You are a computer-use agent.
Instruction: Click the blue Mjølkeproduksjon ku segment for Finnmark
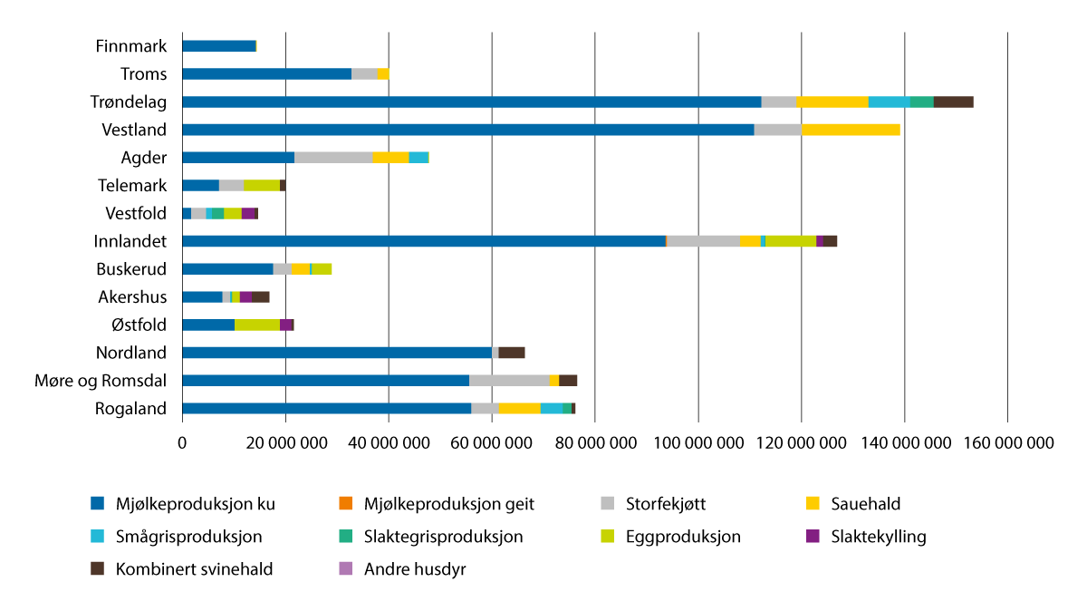click(218, 45)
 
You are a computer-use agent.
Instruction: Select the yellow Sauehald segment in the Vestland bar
click(851, 130)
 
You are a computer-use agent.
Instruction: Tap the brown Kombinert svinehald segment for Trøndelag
click(953, 102)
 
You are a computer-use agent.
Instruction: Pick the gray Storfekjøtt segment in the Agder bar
click(333, 158)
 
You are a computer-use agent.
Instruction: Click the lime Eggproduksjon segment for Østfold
click(257, 325)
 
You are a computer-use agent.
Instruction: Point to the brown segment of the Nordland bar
click(512, 353)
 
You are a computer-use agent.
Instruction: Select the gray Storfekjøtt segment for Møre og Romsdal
click(509, 381)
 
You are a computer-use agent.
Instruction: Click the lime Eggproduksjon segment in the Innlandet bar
click(791, 241)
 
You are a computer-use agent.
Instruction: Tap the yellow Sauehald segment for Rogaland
click(520, 409)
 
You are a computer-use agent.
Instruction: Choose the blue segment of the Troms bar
click(266, 73)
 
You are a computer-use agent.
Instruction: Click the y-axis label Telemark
click(132, 186)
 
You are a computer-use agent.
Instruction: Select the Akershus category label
click(132, 296)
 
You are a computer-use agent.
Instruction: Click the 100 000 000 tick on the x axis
click(697, 443)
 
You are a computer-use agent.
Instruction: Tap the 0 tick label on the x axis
click(182, 443)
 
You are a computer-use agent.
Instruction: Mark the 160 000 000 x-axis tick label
click(1007, 443)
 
